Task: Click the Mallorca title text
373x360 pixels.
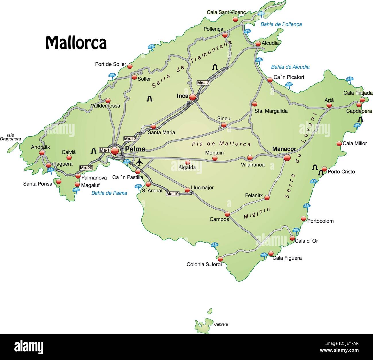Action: point(76,43)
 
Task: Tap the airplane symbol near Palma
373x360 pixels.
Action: point(139,162)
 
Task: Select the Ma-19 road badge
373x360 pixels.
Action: point(172,194)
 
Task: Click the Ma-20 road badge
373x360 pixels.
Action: point(86,168)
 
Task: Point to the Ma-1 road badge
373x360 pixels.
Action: point(104,150)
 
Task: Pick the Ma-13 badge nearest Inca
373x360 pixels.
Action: point(203,83)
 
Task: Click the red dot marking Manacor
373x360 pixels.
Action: point(287,158)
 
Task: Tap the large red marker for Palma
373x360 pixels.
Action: point(115,151)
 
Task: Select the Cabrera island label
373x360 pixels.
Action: point(221,324)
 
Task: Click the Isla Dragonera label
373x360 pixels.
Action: point(10,137)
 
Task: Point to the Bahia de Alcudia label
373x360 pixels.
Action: point(290,67)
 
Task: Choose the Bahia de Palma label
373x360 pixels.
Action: point(109,193)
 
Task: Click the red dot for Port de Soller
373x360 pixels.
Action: point(130,66)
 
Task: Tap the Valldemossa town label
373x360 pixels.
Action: point(106,106)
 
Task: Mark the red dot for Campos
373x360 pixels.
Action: point(227,214)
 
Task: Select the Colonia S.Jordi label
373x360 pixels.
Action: point(204,264)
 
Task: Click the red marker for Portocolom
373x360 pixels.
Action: point(303,218)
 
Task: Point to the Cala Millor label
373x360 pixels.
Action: point(355,144)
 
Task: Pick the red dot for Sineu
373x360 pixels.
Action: point(224,125)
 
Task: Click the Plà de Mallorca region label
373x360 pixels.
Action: point(221,144)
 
